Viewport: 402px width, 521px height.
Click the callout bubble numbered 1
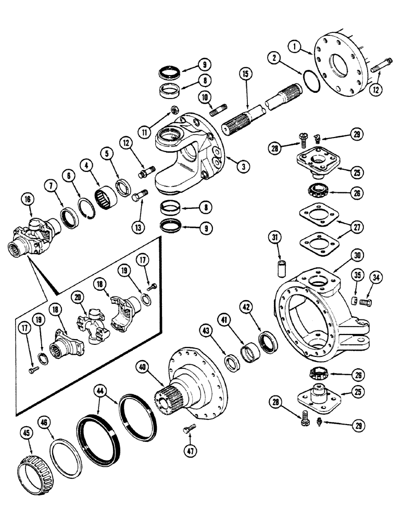point(296,47)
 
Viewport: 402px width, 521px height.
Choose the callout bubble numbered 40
point(141,366)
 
